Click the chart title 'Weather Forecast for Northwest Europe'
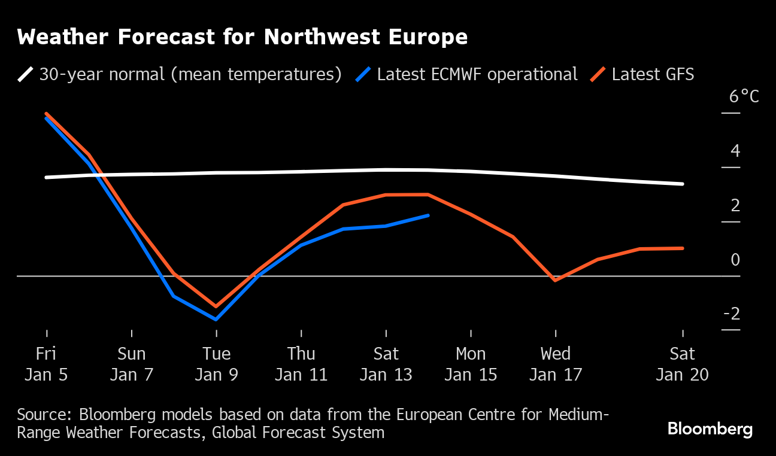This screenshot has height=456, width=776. tap(242, 37)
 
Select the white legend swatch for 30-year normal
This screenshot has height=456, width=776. tap(26, 74)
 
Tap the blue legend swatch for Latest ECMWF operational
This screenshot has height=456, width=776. tap(364, 74)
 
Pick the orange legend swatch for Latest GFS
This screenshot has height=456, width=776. tap(598, 74)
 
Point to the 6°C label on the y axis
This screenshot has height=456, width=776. tap(744, 96)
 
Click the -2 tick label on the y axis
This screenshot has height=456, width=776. tap(731, 314)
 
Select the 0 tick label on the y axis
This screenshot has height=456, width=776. tap(735, 260)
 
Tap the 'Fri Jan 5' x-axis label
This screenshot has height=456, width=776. tap(46, 364)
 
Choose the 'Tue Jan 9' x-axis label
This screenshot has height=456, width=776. tap(216, 364)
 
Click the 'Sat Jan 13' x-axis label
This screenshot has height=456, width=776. tap(386, 364)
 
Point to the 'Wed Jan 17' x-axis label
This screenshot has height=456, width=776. tap(556, 364)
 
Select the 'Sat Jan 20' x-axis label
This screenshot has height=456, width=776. tap(683, 364)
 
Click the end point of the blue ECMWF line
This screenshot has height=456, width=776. tap(428, 215)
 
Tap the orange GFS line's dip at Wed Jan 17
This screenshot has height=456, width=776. tap(556, 280)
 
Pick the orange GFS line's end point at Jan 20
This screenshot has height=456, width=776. tap(683, 248)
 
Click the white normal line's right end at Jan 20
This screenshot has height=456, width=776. tap(683, 184)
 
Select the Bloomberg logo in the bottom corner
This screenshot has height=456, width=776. tap(710, 429)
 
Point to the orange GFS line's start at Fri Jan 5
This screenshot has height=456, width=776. tap(46, 114)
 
